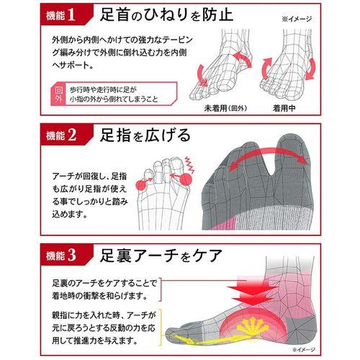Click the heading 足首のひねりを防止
pyautogui.click(x=166, y=14)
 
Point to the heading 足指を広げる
pyautogui.click(x=145, y=135)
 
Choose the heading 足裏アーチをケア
pyautogui.click(x=161, y=255)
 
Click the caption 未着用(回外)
pyautogui.click(x=225, y=108)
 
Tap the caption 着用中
pyautogui.click(x=284, y=108)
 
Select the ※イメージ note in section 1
pyautogui.click(x=297, y=19)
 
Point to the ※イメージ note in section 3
pyautogui.click(x=304, y=349)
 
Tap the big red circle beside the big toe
pyautogui.click(x=185, y=179)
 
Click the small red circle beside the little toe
pyautogui.click(x=141, y=185)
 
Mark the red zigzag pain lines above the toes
pyautogui.click(x=189, y=164)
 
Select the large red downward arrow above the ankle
pyautogui.click(x=252, y=291)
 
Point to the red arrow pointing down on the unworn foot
pyautogui.click(x=202, y=74)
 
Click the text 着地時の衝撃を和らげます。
pyautogui.click(x=100, y=296)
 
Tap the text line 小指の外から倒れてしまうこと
pyautogui.click(x=114, y=99)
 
